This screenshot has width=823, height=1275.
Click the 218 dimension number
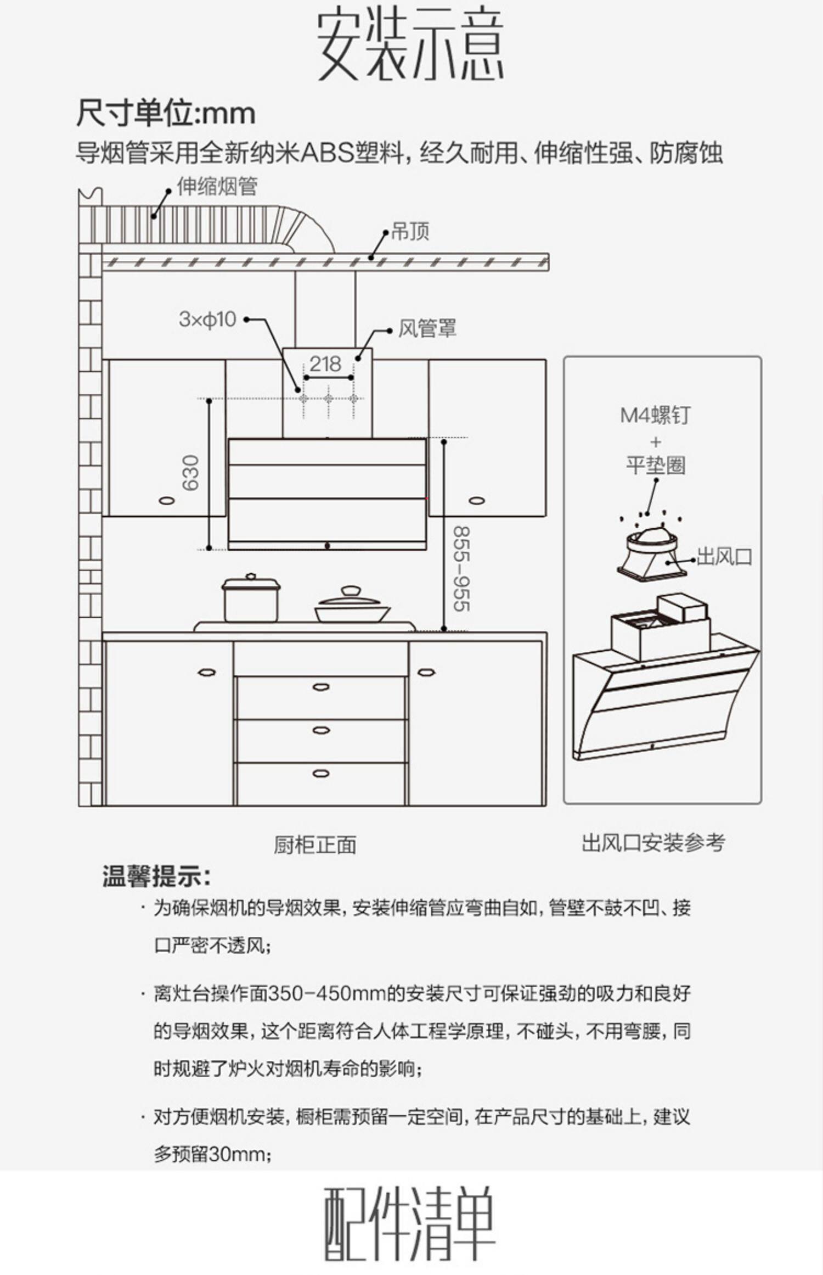[325, 364]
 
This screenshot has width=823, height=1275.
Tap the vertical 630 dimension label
[190, 473]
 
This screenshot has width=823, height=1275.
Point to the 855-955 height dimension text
[461, 569]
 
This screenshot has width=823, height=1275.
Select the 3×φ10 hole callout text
[207, 320]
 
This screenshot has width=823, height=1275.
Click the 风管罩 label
[427, 329]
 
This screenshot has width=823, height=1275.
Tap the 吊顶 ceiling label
[410, 232]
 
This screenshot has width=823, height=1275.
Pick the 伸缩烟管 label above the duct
[217, 187]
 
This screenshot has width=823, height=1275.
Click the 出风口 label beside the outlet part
[724, 557]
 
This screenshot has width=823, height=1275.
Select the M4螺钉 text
[655, 415]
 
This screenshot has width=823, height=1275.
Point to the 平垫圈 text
[656, 466]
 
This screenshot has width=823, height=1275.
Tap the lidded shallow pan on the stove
[352, 606]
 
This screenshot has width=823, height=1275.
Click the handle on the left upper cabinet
[166, 500]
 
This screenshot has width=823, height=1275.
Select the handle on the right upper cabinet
[477, 500]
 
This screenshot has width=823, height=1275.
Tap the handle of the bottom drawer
[321, 774]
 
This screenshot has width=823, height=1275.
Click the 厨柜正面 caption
[315, 845]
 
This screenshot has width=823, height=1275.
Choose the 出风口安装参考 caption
[653, 842]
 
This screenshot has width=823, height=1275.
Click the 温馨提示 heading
[156, 877]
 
